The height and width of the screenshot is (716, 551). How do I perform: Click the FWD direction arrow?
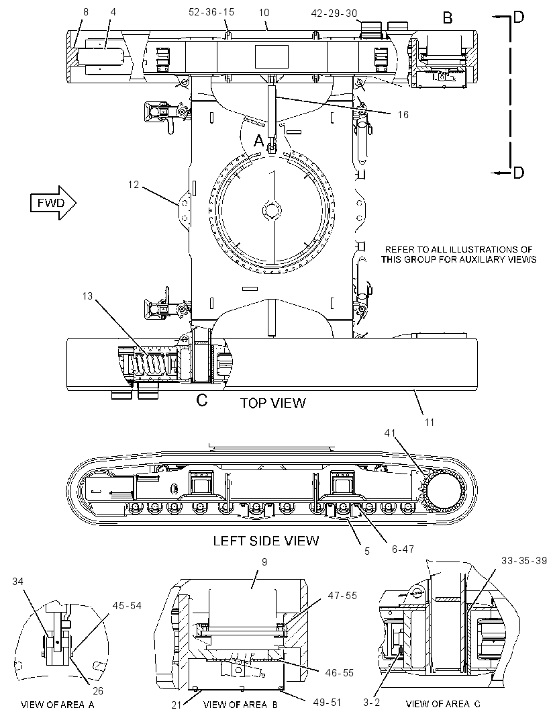(x=52, y=203)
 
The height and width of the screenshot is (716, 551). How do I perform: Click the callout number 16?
(x=403, y=115)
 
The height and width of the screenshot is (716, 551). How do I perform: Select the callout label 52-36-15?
(x=211, y=12)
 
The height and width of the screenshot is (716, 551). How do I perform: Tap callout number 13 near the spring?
(x=87, y=296)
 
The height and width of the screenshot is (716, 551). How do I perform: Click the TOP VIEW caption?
(x=272, y=403)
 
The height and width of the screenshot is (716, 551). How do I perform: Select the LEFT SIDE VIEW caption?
(x=266, y=541)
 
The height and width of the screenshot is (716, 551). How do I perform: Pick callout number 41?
(x=390, y=433)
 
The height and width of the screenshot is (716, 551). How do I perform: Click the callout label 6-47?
(x=403, y=549)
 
